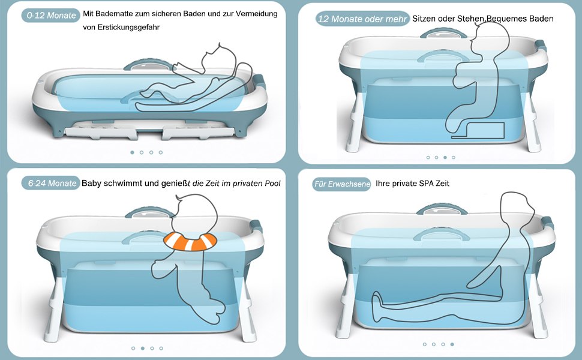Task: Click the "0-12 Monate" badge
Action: coord(51,16)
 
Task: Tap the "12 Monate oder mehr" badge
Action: coord(362,19)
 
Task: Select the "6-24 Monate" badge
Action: coord(51,183)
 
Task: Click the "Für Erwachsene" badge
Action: coord(341,184)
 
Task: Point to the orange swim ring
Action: coord(190,241)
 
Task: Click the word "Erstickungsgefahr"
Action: coord(121,27)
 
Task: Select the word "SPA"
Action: coord(426,184)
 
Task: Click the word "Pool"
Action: coord(272,184)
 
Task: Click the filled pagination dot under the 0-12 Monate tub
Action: coord(132,152)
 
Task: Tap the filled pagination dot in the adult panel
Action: coord(452,344)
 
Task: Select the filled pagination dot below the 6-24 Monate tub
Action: coord(143,348)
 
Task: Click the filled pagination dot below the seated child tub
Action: coord(445,157)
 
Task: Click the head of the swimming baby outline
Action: coord(195,215)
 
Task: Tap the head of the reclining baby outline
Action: coord(219,59)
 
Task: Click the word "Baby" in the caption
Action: coord(91,184)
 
